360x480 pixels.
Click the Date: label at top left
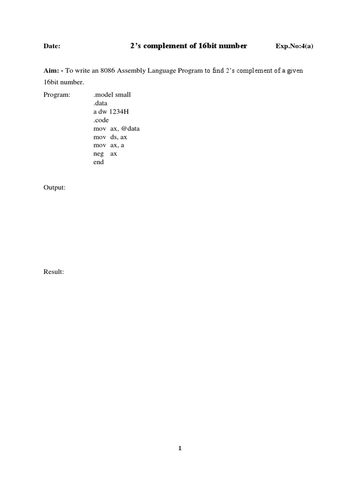pyautogui.click(x=52, y=47)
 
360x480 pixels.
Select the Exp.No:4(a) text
pyautogui.click(x=294, y=47)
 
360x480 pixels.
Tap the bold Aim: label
pyautogui.click(x=51, y=70)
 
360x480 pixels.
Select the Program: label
pyautogui.click(x=57, y=95)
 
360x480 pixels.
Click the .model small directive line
pyautogui.click(x=112, y=95)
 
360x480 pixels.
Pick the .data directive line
pyautogui.click(x=100, y=103)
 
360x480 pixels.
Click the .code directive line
pyautogui.click(x=101, y=120)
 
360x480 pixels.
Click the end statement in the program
pyautogui.click(x=98, y=162)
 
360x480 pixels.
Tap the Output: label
pyautogui.click(x=54, y=187)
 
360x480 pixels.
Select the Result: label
pyautogui.click(x=53, y=272)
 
